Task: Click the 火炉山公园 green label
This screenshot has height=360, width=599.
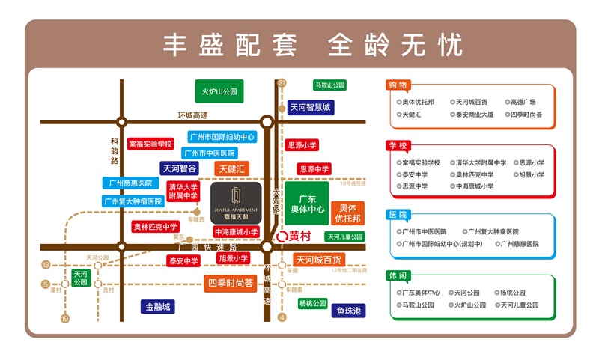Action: coord(219,91)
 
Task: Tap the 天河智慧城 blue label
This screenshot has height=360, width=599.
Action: coord(310,107)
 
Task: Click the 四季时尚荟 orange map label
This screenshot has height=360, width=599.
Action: coord(230,283)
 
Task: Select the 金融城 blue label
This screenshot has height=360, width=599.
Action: coord(158,306)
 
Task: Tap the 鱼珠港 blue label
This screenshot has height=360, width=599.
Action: coord(348,310)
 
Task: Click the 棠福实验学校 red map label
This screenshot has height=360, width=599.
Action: coord(150,143)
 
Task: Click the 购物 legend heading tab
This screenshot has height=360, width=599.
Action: coord(398,85)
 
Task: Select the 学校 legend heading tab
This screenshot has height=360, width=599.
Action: coord(398,145)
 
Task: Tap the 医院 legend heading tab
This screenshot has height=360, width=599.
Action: coord(398,215)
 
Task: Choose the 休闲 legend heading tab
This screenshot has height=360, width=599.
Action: coord(398,275)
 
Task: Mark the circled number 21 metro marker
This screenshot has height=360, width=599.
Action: coord(282,82)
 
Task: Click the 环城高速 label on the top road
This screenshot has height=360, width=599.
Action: coord(192,115)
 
